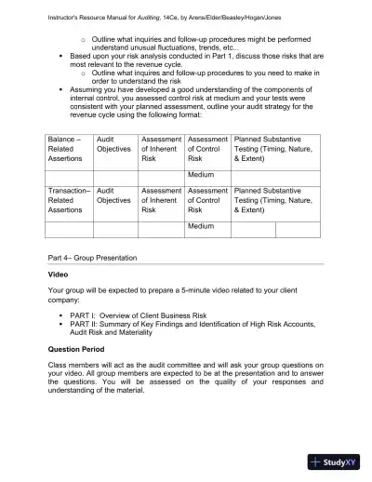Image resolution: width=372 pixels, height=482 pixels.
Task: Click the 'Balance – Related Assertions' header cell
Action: (68, 149)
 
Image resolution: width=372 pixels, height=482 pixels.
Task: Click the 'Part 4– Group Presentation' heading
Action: (92, 257)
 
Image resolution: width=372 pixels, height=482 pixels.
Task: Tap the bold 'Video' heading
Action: (58, 275)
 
